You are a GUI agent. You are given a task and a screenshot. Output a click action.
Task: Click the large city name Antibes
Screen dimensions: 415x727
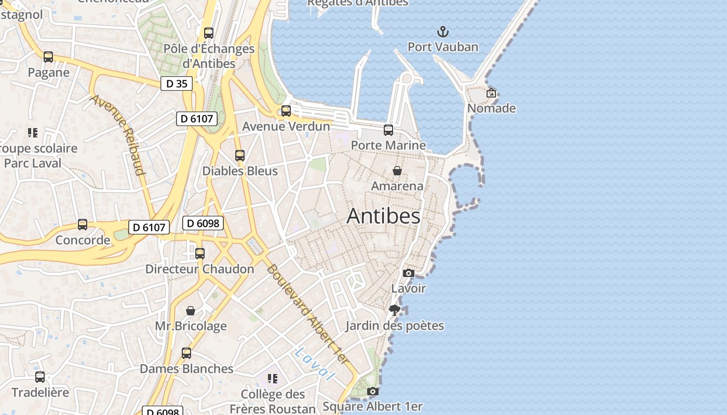coord(383,216)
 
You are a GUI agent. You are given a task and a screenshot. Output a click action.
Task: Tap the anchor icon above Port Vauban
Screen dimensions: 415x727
coord(442,32)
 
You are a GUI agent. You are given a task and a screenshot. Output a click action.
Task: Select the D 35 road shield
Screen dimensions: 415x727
coord(177,84)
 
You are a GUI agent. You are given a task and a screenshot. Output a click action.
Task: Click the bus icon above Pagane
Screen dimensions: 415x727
coord(48,57)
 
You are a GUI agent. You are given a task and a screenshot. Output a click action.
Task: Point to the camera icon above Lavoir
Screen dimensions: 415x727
coord(409,273)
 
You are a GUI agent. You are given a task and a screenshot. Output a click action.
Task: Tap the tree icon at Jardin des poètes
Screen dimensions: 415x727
coord(395,310)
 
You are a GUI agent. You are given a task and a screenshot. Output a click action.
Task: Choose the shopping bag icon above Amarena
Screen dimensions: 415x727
coord(397,171)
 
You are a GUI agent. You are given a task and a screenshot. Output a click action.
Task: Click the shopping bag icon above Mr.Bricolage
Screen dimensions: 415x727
coord(191,311)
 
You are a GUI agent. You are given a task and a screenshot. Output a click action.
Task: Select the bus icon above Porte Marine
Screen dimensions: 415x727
coord(388,130)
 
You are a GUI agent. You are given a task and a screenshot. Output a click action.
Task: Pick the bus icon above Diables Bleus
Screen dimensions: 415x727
coord(239,156)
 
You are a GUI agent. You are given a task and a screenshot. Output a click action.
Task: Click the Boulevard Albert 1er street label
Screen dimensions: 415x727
coord(308,315)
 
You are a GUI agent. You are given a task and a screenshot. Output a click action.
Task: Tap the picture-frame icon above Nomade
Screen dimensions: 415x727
coord(491,93)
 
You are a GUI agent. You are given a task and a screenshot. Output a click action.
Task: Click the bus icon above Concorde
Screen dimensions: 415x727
coord(83,225)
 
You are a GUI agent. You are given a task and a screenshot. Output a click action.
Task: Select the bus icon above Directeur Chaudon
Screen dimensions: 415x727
coord(200,254)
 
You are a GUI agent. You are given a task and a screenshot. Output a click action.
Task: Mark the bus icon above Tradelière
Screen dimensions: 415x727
coord(40,377)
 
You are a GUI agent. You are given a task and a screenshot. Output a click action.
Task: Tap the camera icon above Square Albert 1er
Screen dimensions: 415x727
coord(372,392)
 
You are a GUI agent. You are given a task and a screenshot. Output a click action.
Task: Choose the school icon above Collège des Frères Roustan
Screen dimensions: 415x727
coord(273,379)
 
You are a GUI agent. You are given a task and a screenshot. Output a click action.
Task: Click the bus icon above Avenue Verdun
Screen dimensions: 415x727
coord(286,111)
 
